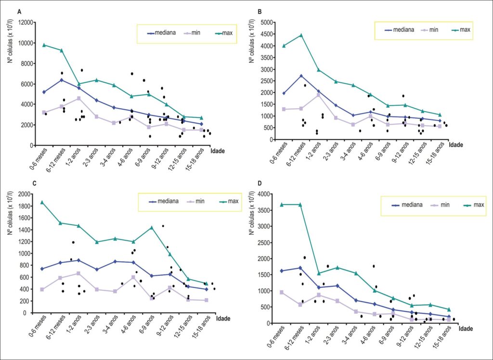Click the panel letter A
click(19, 12)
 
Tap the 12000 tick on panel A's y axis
click(27, 23)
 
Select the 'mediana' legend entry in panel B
click(399, 30)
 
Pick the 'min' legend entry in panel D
click(439, 205)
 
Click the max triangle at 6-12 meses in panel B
click(301, 35)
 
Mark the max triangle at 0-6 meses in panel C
click(42, 202)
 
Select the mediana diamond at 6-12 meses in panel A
click(62, 80)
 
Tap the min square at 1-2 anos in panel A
click(78, 98)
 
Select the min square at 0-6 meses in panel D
click(282, 293)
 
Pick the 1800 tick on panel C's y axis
click(25, 206)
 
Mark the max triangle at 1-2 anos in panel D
click(319, 273)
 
